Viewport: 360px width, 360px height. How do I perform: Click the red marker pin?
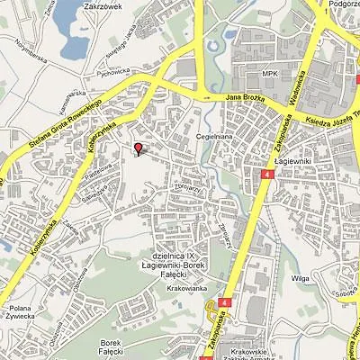(x=137, y=148)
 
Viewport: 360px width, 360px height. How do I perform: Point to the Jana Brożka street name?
(x=244, y=95)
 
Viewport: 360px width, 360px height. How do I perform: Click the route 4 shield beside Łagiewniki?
(x=268, y=172)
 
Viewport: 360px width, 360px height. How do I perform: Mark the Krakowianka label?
(x=187, y=287)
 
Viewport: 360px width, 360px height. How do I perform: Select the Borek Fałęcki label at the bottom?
(x=110, y=346)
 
